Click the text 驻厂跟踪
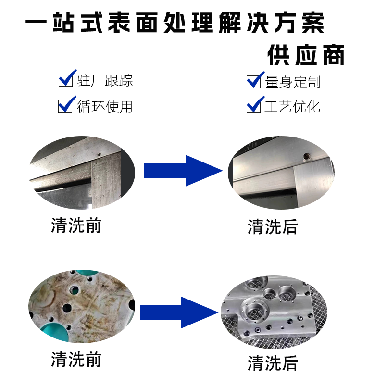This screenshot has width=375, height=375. point(105,80)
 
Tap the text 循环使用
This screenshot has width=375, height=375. point(105,106)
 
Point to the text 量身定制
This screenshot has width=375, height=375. point(293,82)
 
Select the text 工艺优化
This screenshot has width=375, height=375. point(292,106)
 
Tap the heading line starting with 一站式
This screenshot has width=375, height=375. point(175,23)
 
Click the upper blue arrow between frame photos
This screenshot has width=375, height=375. point(183,170)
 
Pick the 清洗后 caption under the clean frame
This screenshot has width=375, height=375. point(273,226)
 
